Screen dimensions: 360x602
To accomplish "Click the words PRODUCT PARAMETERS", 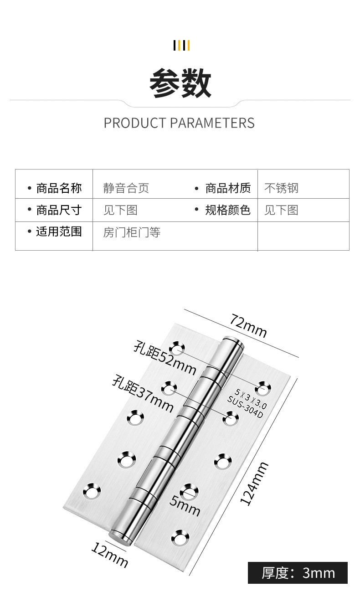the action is (x=179, y=123).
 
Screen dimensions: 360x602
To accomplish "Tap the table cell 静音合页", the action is (x=126, y=188).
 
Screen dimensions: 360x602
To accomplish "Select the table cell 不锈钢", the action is (x=281, y=188).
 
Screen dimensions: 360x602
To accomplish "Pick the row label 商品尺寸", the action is (x=59, y=210).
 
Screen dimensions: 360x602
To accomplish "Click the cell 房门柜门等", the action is (x=132, y=233).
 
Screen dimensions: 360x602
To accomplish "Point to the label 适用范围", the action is (x=59, y=232).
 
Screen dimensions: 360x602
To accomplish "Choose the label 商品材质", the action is (x=227, y=188).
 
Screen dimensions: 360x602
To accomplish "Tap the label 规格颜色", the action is (x=227, y=210).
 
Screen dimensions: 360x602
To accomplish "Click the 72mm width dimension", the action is (x=248, y=325).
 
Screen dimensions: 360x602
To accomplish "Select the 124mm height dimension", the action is (x=254, y=484).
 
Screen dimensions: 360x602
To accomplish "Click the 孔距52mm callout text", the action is (x=165, y=357).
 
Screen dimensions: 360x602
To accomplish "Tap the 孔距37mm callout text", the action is (x=143, y=392).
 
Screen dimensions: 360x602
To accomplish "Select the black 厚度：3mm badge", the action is (x=298, y=573).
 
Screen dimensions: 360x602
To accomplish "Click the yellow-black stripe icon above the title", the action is (x=181, y=46).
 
